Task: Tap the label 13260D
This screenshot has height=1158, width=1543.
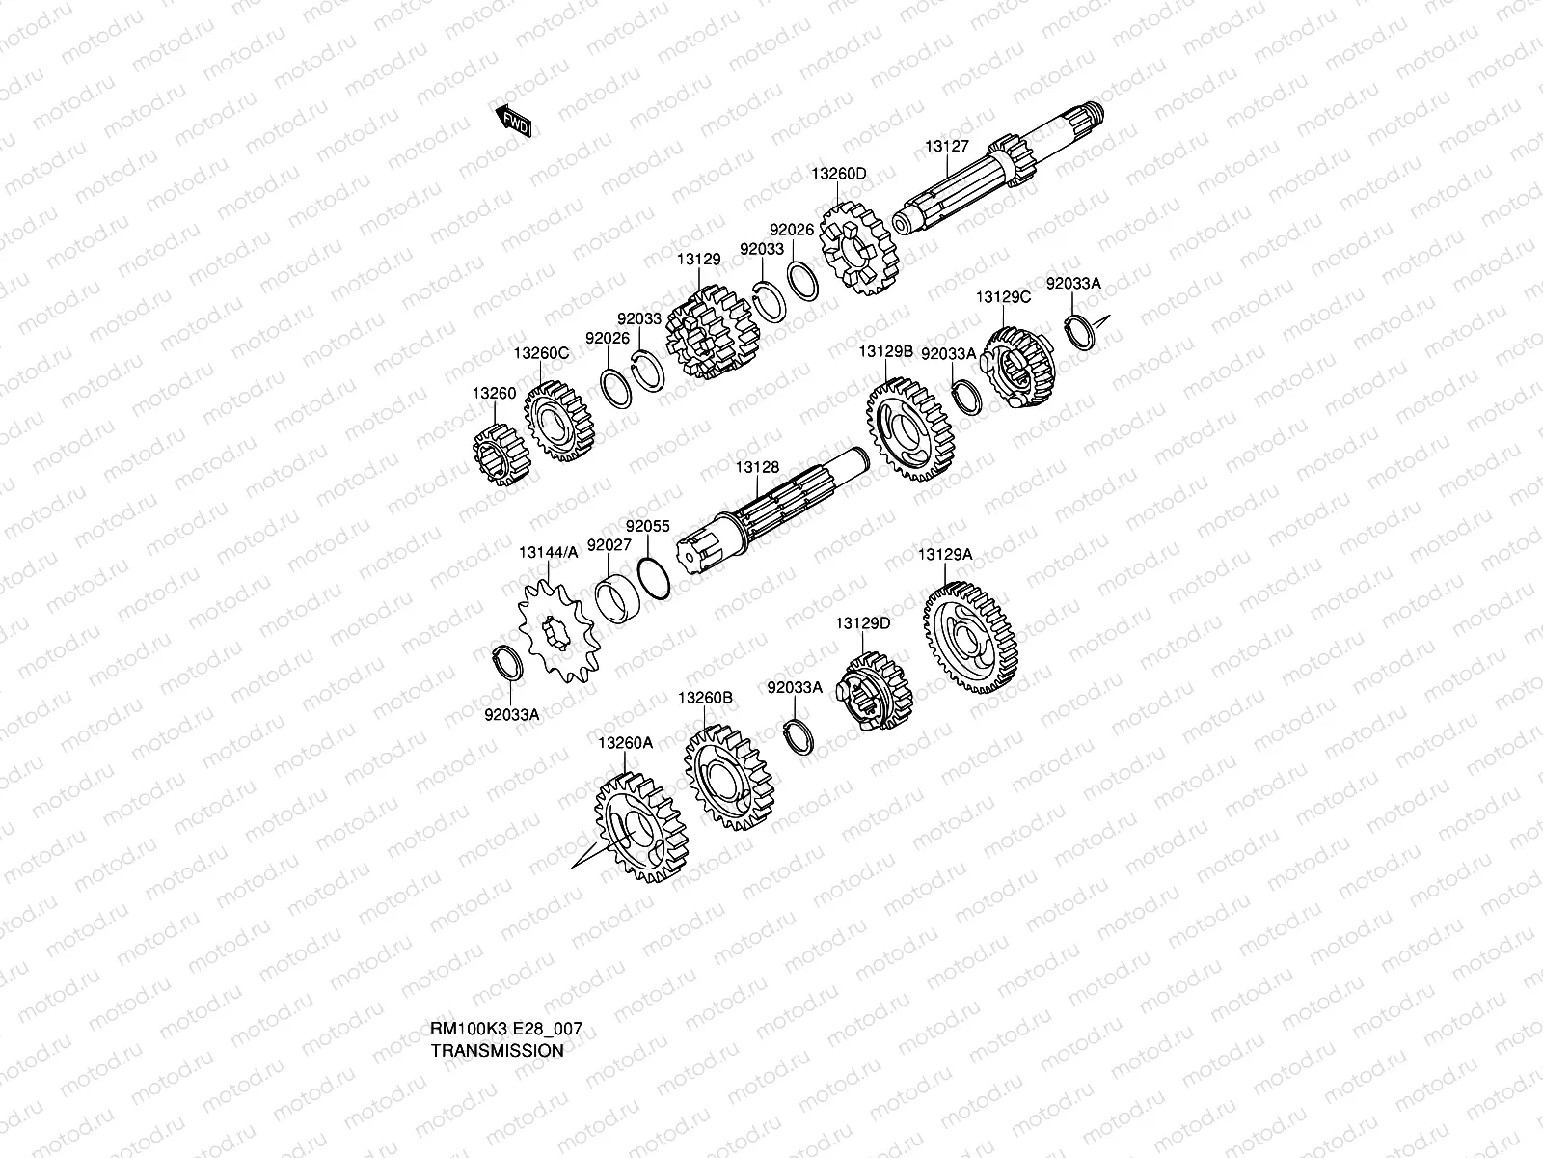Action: pyautogui.click(x=838, y=174)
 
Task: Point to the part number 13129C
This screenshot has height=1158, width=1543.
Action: pyautogui.click(x=1003, y=297)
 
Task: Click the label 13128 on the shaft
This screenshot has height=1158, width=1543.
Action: pyautogui.click(x=757, y=468)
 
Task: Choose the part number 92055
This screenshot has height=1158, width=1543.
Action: pyautogui.click(x=647, y=527)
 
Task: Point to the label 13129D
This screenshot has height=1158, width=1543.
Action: pyautogui.click(x=863, y=623)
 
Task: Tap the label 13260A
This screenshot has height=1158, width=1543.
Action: pyautogui.click(x=625, y=742)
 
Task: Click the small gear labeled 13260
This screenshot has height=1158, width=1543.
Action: pyautogui.click(x=501, y=454)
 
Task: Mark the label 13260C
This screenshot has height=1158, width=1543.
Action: pyautogui.click(x=541, y=354)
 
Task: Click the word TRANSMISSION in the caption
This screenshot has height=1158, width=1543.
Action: pyautogui.click(x=497, y=1051)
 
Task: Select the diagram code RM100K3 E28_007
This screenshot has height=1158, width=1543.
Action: pyautogui.click(x=506, y=1030)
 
